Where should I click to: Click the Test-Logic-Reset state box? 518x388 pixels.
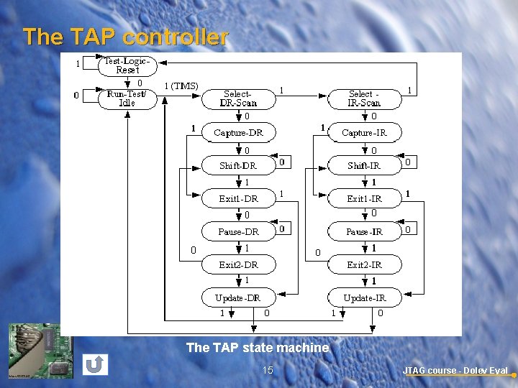(127, 65)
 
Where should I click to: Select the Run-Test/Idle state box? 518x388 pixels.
(127, 98)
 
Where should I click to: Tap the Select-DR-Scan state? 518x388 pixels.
(237, 98)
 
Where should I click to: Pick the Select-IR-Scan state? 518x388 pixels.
(364, 98)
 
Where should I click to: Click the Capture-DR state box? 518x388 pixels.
(238, 132)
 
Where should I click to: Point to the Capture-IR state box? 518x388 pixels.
(364, 132)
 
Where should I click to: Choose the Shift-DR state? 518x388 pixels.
(238, 165)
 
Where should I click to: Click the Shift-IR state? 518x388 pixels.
(364, 165)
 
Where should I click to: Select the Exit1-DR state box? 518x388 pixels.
(238, 198)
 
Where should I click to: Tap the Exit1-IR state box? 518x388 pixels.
(364, 198)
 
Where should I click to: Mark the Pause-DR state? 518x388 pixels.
(238, 231)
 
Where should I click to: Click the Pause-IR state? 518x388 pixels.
(364, 231)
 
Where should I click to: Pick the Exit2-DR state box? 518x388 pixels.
(238, 264)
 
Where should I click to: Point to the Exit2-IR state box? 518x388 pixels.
(364, 264)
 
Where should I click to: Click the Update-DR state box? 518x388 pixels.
(238, 297)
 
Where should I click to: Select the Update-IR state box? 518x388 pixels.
(364, 297)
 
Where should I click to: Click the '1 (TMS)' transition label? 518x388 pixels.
(181, 86)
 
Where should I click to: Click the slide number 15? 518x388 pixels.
(268, 370)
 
